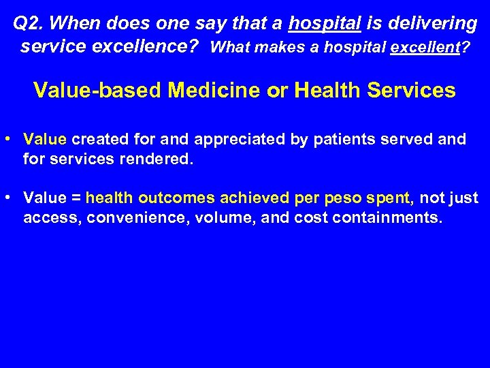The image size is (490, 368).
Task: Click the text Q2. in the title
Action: click(x=28, y=24)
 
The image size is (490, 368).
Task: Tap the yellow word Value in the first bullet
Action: click(x=45, y=140)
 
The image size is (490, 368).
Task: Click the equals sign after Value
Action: click(x=76, y=198)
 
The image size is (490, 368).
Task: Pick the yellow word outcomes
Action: click(x=171, y=198)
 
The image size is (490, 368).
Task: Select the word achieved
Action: click(x=252, y=198)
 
